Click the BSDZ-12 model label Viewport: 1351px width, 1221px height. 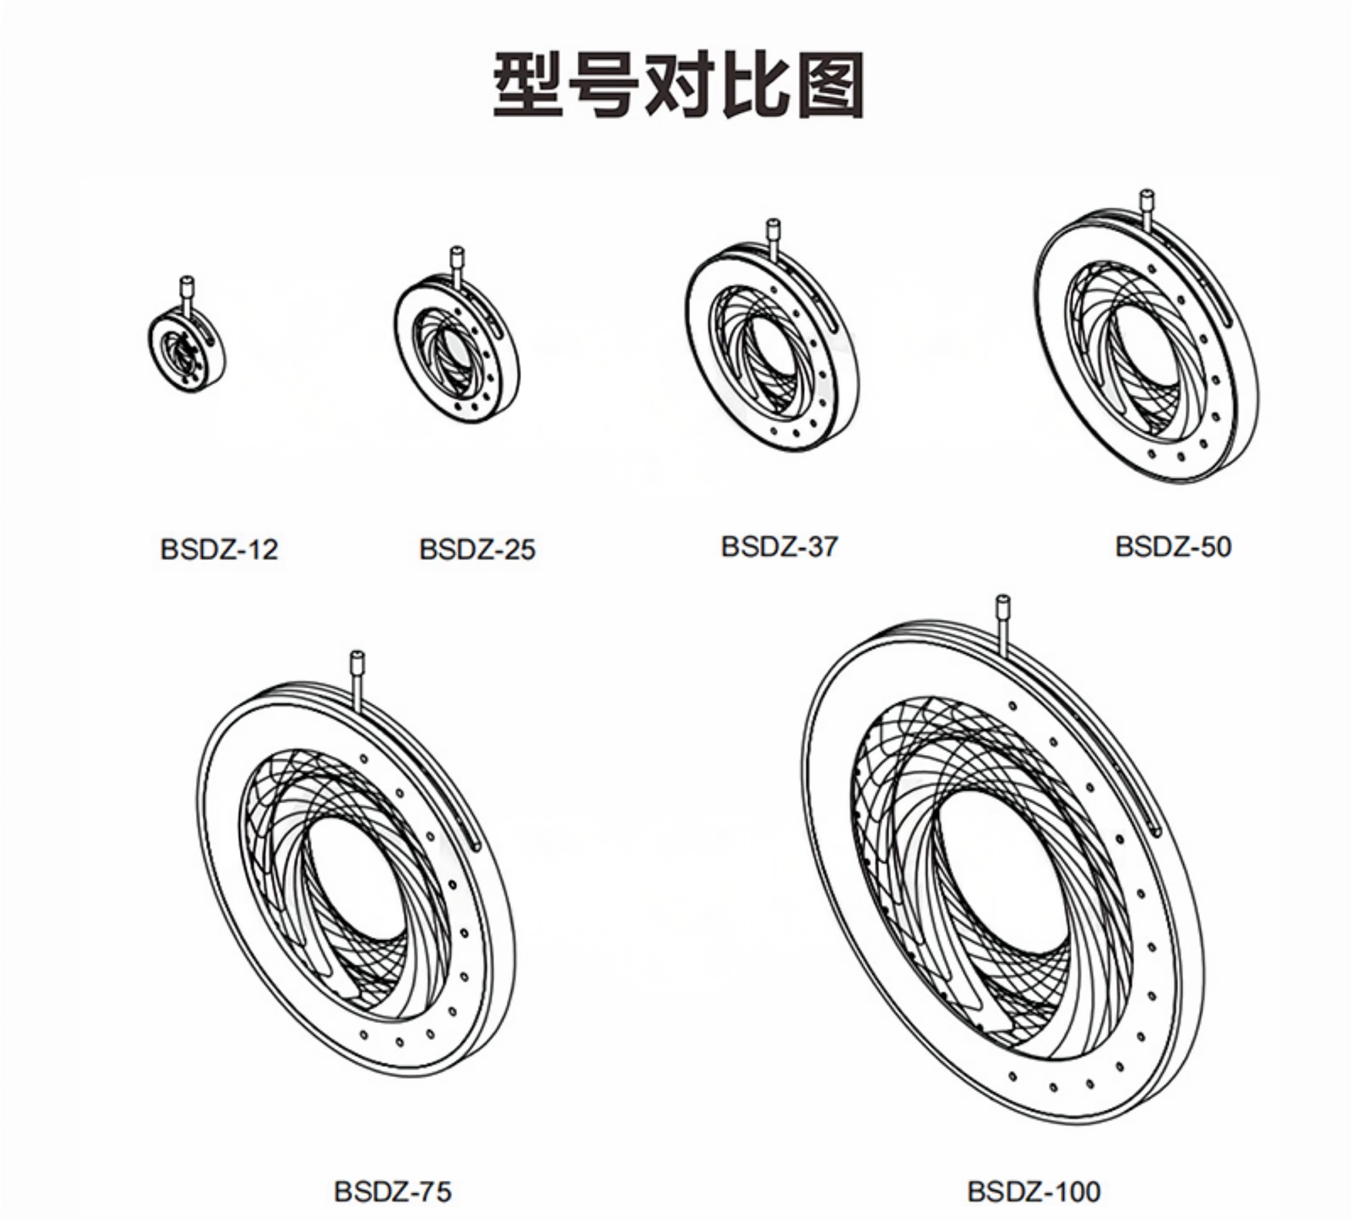pyautogui.click(x=219, y=550)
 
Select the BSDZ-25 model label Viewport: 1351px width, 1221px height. pyautogui.click(x=477, y=550)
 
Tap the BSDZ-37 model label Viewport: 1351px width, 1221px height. pyautogui.click(x=780, y=547)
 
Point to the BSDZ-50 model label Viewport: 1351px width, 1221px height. pyautogui.click(x=1173, y=547)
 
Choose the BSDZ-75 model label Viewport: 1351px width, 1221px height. pyautogui.click(x=393, y=1192)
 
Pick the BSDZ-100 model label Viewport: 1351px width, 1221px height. pyautogui.click(x=1034, y=1192)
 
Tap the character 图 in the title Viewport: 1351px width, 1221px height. pyautogui.click(x=827, y=85)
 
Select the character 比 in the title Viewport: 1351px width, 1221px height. pyautogui.click(x=754, y=85)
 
